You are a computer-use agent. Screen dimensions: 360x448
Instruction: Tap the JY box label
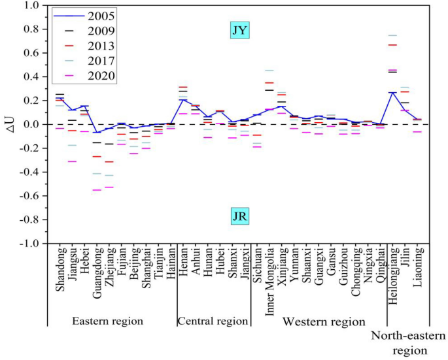pos(240,30)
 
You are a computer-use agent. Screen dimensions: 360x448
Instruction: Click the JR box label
pos(240,216)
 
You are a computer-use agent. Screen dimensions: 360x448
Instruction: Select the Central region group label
pos(213,321)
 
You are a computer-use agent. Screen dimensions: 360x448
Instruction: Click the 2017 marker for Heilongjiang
pos(392,35)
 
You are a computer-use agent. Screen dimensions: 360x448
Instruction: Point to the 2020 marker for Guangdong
pos(97,189)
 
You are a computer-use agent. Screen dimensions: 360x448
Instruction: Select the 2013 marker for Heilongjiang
pos(392,44)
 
